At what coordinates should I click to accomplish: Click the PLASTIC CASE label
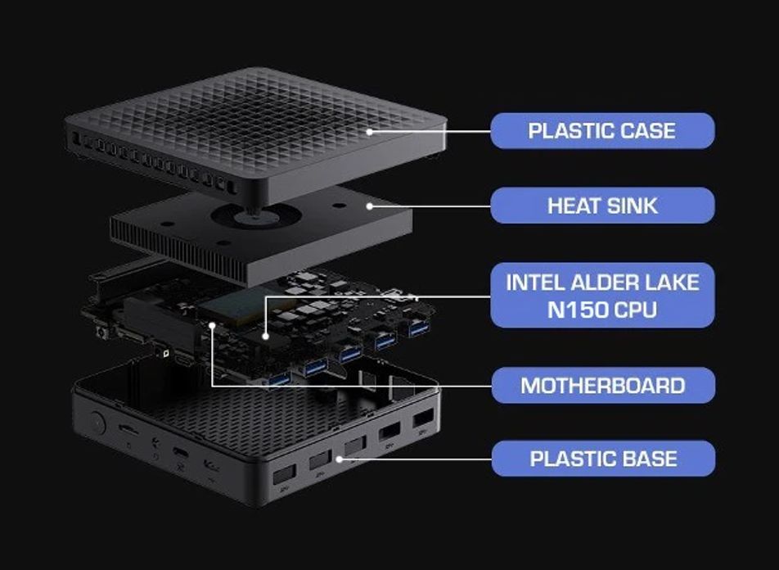click(602, 131)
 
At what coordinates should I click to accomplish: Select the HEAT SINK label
click(602, 206)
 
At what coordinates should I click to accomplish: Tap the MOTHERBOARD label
click(603, 386)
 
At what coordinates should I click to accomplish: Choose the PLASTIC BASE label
click(603, 459)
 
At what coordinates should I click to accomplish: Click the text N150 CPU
click(602, 310)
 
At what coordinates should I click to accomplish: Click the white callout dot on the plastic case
click(370, 132)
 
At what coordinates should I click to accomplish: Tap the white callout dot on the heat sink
click(370, 206)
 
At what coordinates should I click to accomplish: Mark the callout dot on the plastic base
click(340, 459)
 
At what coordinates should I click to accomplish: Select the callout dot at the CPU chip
click(266, 337)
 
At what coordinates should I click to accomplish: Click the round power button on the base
click(96, 423)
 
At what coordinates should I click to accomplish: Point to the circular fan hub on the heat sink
click(257, 216)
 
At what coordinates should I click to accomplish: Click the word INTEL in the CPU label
click(535, 283)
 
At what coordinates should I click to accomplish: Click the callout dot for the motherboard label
click(212, 325)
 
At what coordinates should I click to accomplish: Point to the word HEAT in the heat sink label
click(571, 206)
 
